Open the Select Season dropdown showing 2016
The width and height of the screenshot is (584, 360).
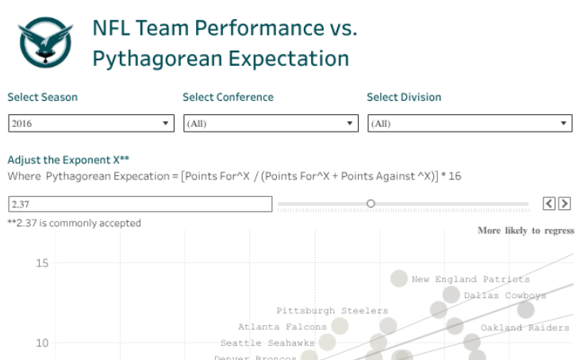(90, 124)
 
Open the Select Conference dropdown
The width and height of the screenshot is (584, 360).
(270, 124)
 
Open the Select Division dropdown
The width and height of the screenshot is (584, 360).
(470, 124)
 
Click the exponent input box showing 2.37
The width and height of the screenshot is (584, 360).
(139, 204)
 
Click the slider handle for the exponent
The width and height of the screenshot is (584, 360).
(371, 204)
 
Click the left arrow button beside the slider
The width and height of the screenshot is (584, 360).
(549, 204)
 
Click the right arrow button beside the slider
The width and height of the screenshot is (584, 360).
(564, 204)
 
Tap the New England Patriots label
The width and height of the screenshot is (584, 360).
(470, 279)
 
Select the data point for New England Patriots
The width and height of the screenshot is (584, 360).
(399, 278)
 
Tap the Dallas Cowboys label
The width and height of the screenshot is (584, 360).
(505, 296)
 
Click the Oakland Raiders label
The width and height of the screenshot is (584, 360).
(524, 327)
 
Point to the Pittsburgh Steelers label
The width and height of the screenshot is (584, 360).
(332, 311)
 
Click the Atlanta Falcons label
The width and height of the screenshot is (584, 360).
(282, 327)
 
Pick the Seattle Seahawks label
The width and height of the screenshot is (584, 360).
(267, 343)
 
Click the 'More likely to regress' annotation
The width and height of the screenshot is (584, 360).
(525, 231)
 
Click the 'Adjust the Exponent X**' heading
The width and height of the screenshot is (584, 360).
(68, 159)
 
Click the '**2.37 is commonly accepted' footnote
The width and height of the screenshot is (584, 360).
(75, 223)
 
